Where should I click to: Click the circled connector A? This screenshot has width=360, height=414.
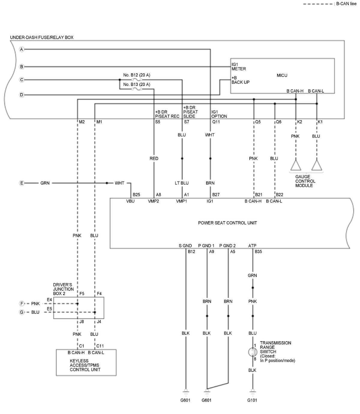tap(22, 49)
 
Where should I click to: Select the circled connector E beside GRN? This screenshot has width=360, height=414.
tap(22, 183)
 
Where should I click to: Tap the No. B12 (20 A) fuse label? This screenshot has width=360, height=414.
tap(136, 75)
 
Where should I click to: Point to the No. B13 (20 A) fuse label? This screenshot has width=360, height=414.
tap(136, 85)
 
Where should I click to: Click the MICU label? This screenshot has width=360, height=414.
tap(282, 75)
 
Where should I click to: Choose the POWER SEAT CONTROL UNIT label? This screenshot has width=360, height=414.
tap(227, 223)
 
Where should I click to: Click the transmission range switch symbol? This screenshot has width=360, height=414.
tap(253, 352)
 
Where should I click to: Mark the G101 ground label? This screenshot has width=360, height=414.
tap(252, 400)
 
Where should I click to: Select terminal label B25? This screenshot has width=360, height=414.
tap(136, 195)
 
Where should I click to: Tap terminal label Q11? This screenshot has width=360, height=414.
tap(216, 122)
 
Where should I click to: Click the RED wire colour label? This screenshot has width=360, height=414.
tap(154, 158)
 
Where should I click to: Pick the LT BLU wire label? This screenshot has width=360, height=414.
tap(182, 183)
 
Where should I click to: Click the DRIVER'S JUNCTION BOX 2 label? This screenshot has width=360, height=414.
tap(63, 289)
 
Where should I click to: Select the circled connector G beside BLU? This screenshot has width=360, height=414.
tap(22, 312)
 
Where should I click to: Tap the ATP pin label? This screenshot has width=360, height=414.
tap(252, 246)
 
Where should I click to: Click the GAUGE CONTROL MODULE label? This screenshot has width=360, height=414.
tap(305, 181)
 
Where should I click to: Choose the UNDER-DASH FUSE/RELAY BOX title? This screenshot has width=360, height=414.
tap(42, 37)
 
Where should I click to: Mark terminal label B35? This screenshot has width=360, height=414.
tap(258, 252)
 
